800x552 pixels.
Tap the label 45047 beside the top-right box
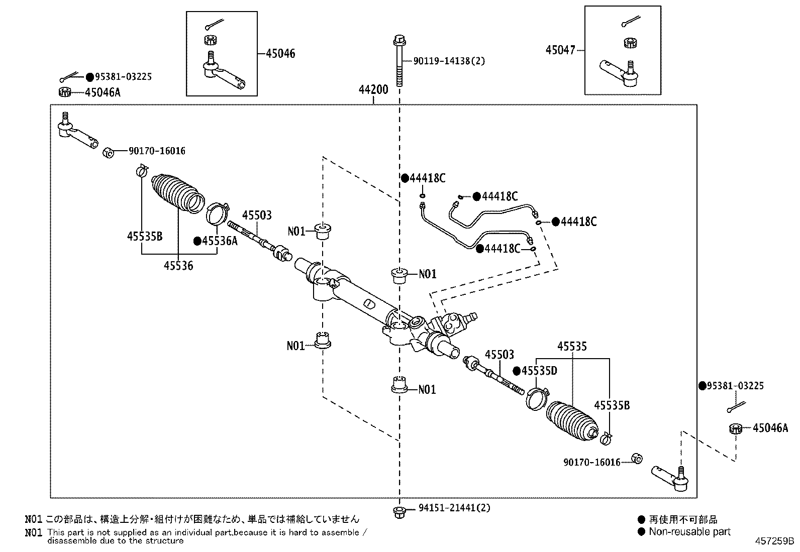[560, 50]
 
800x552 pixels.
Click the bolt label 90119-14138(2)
[449, 61]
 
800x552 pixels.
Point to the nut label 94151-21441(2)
[454, 508]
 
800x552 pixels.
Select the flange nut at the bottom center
[399, 512]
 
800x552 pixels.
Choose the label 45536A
[219, 241]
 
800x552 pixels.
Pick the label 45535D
[539, 371]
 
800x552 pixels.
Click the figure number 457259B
[774, 541]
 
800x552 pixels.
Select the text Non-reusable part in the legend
[689, 531]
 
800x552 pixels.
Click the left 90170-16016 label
[157, 151]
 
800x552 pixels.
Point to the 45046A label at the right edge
[770, 428]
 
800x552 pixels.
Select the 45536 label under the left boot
[178, 266]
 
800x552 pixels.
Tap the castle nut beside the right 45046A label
[736, 428]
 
